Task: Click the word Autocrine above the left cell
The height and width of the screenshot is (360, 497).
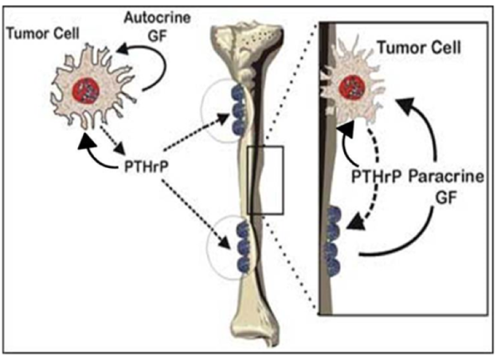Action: coord(158,18)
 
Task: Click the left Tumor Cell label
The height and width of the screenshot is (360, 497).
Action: coord(43,33)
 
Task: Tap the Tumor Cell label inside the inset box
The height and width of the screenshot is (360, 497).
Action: coord(419,48)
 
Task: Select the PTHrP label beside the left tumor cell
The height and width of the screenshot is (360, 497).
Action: coord(146,166)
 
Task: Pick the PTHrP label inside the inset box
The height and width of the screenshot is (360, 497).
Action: coord(377,177)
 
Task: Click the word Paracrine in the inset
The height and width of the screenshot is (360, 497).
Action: coord(446,177)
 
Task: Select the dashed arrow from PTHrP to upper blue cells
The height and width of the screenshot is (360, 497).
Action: coord(197,132)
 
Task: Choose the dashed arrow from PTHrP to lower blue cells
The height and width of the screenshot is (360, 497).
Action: coord(196,214)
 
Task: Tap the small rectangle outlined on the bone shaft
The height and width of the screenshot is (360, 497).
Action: coord(265,180)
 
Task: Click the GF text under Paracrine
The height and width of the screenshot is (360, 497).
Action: coord(446,198)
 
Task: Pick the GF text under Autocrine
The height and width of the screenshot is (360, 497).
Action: coord(158,36)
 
